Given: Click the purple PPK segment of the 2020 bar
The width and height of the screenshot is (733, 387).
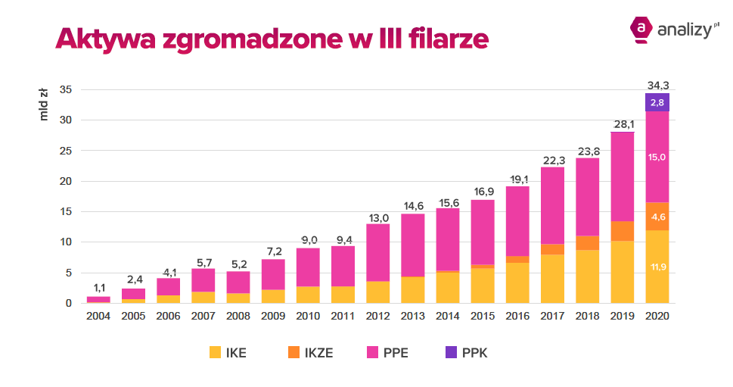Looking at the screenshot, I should pos(657,102).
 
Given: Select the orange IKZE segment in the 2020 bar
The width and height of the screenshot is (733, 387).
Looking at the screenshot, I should pos(657,216).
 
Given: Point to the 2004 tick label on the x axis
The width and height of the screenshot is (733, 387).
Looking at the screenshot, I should pos(98,315).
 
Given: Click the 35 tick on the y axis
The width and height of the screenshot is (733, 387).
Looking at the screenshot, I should pos(65,89).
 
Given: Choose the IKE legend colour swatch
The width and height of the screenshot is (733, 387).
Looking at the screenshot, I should pos(216,352).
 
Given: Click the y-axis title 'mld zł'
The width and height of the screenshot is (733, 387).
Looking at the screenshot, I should pos(45,105).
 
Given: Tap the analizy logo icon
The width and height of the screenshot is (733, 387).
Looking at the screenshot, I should pos(641,28).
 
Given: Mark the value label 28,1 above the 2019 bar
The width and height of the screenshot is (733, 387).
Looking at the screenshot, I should pos(622,123).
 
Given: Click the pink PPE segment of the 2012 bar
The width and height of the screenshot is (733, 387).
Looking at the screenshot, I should pos(377,252).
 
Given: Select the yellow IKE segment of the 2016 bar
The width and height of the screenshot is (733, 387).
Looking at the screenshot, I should pos(517,283).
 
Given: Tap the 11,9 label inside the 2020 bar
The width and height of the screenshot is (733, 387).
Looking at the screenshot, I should pos(657,267).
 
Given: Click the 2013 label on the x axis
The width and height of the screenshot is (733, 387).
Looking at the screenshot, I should pos(412,315).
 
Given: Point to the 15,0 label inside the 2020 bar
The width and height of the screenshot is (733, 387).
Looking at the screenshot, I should pos(657,157).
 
